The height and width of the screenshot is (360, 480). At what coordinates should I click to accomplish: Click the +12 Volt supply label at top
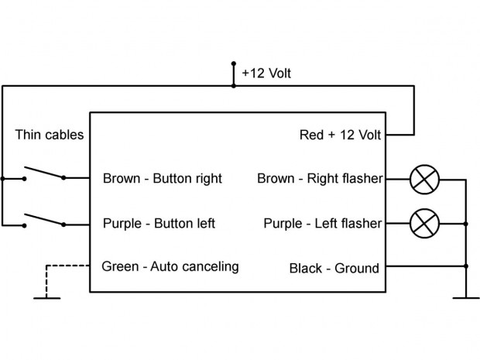coord(266,74)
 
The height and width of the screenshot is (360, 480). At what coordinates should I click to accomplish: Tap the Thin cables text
coord(50,135)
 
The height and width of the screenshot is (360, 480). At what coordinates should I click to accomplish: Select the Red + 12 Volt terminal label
coord(341,135)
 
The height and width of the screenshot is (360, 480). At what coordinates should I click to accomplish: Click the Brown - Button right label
coord(162,179)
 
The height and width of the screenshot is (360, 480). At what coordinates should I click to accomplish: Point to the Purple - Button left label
coord(159,224)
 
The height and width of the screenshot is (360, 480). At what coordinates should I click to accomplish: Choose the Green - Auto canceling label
coord(170,267)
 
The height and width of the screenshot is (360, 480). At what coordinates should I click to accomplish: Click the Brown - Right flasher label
coord(320,179)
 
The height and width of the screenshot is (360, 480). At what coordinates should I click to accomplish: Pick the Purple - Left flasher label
coord(323,224)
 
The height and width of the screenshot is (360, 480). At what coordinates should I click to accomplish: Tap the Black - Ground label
coord(334,269)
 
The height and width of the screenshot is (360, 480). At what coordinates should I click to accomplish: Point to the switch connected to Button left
coord(44,220)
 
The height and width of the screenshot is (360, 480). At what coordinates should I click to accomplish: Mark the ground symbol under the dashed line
coord(46,297)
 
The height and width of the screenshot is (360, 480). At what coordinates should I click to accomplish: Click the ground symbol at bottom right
coord(466,297)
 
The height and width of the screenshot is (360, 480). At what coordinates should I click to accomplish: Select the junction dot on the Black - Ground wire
coord(466,267)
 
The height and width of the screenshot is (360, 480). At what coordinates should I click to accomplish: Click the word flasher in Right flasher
coord(362,179)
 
